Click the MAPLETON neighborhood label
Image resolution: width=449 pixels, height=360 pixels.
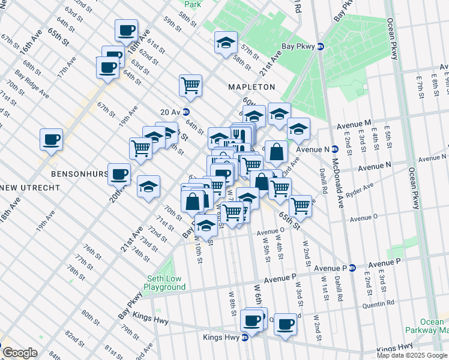251,87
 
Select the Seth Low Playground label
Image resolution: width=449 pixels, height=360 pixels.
166,283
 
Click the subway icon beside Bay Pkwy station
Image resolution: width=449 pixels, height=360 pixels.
321,46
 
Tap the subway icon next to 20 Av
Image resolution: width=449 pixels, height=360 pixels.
186,112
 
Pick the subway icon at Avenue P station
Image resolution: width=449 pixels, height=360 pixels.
353,268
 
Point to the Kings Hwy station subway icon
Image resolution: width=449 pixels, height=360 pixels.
245,338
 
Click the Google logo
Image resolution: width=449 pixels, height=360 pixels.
20,353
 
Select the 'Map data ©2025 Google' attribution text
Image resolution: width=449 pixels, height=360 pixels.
412,355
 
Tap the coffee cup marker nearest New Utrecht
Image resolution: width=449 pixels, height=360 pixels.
51,139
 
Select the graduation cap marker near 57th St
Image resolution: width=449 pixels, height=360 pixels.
225,43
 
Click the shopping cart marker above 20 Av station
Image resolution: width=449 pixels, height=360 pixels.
190,85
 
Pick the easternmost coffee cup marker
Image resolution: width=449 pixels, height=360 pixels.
286,323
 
